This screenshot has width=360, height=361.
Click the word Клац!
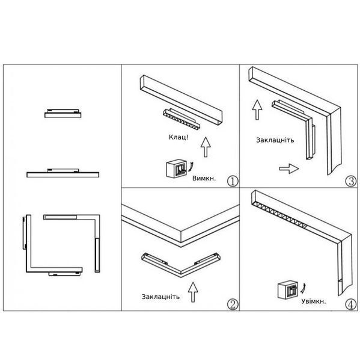[178, 137]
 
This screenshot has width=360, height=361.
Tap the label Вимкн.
[204, 179]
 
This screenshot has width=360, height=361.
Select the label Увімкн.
[314, 301]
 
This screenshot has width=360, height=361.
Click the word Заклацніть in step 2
[160, 297]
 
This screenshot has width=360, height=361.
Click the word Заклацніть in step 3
[275, 140]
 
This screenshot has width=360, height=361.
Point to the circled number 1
[233, 181]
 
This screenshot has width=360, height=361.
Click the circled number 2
[233, 304]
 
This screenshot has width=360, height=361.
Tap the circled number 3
[351, 181]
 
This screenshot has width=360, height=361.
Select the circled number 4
[351, 304]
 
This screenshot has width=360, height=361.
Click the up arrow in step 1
[206, 147]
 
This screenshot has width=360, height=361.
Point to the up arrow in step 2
[193, 292]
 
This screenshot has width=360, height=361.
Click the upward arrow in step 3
[257, 110]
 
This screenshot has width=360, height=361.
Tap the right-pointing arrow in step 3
[289, 168]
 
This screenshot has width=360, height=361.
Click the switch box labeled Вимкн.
[176, 168]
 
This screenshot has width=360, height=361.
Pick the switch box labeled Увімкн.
[288, 289]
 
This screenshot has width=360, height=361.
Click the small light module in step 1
[182, 119]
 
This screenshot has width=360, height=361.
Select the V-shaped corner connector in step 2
[181, 265]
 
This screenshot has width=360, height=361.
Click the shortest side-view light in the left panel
[63, 114]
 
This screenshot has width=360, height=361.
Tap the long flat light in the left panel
[63, 173]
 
